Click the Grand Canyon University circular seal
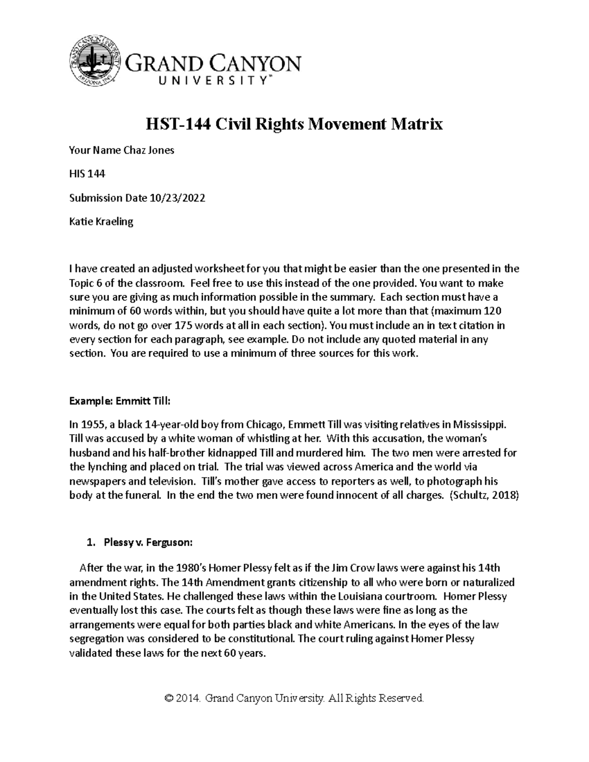point(95,60)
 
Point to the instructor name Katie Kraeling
point(101,221)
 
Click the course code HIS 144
point(87,174)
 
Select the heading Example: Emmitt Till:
point(119,401)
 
